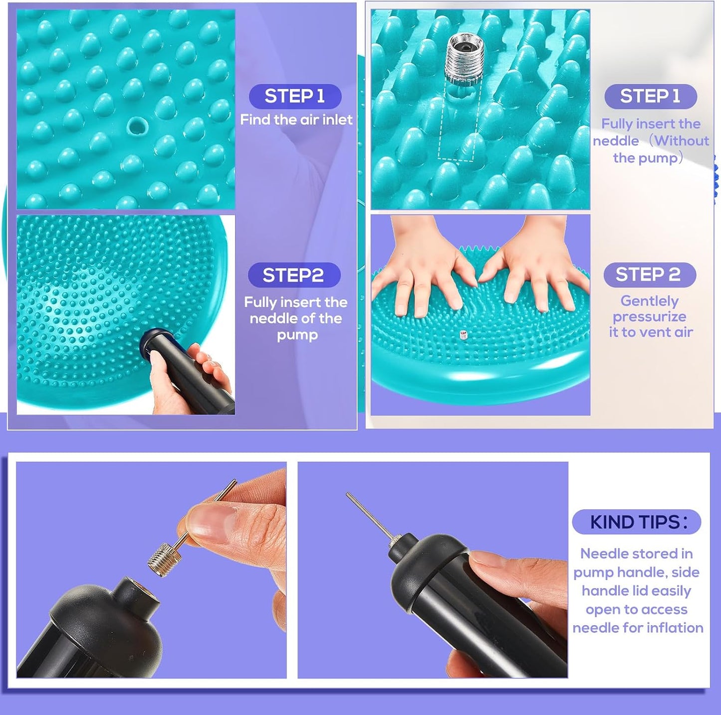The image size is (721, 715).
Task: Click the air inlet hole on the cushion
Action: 135,126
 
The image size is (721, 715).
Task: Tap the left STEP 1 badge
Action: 295,96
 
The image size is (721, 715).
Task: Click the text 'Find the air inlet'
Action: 296,120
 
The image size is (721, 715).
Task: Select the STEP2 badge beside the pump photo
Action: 294,275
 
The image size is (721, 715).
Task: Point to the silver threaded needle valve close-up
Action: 465,59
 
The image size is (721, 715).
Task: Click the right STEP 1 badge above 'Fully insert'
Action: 651,96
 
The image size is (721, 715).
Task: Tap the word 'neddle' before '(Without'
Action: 616,141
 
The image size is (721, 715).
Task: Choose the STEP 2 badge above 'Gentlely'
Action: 650,274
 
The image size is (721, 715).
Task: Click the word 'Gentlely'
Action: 650,301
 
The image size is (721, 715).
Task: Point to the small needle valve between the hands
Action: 464,334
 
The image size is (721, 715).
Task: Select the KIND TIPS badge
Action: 637,522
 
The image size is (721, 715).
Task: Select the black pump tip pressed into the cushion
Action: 152,342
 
